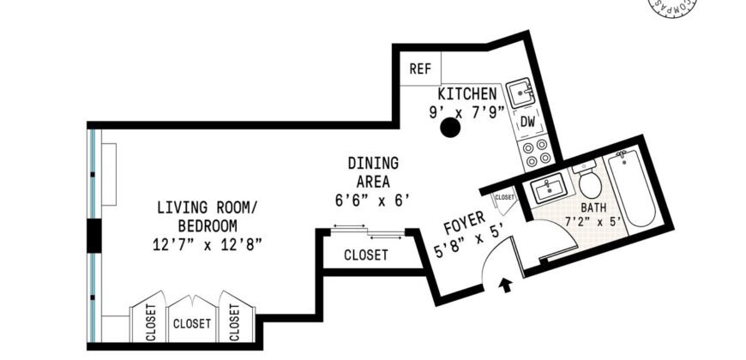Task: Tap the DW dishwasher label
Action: click(527, 123)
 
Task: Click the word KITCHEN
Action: click(467, 93)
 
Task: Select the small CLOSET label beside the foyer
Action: click(505, 197)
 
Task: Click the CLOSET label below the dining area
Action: click(366, 255)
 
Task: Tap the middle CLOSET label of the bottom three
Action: click(192, 324)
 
